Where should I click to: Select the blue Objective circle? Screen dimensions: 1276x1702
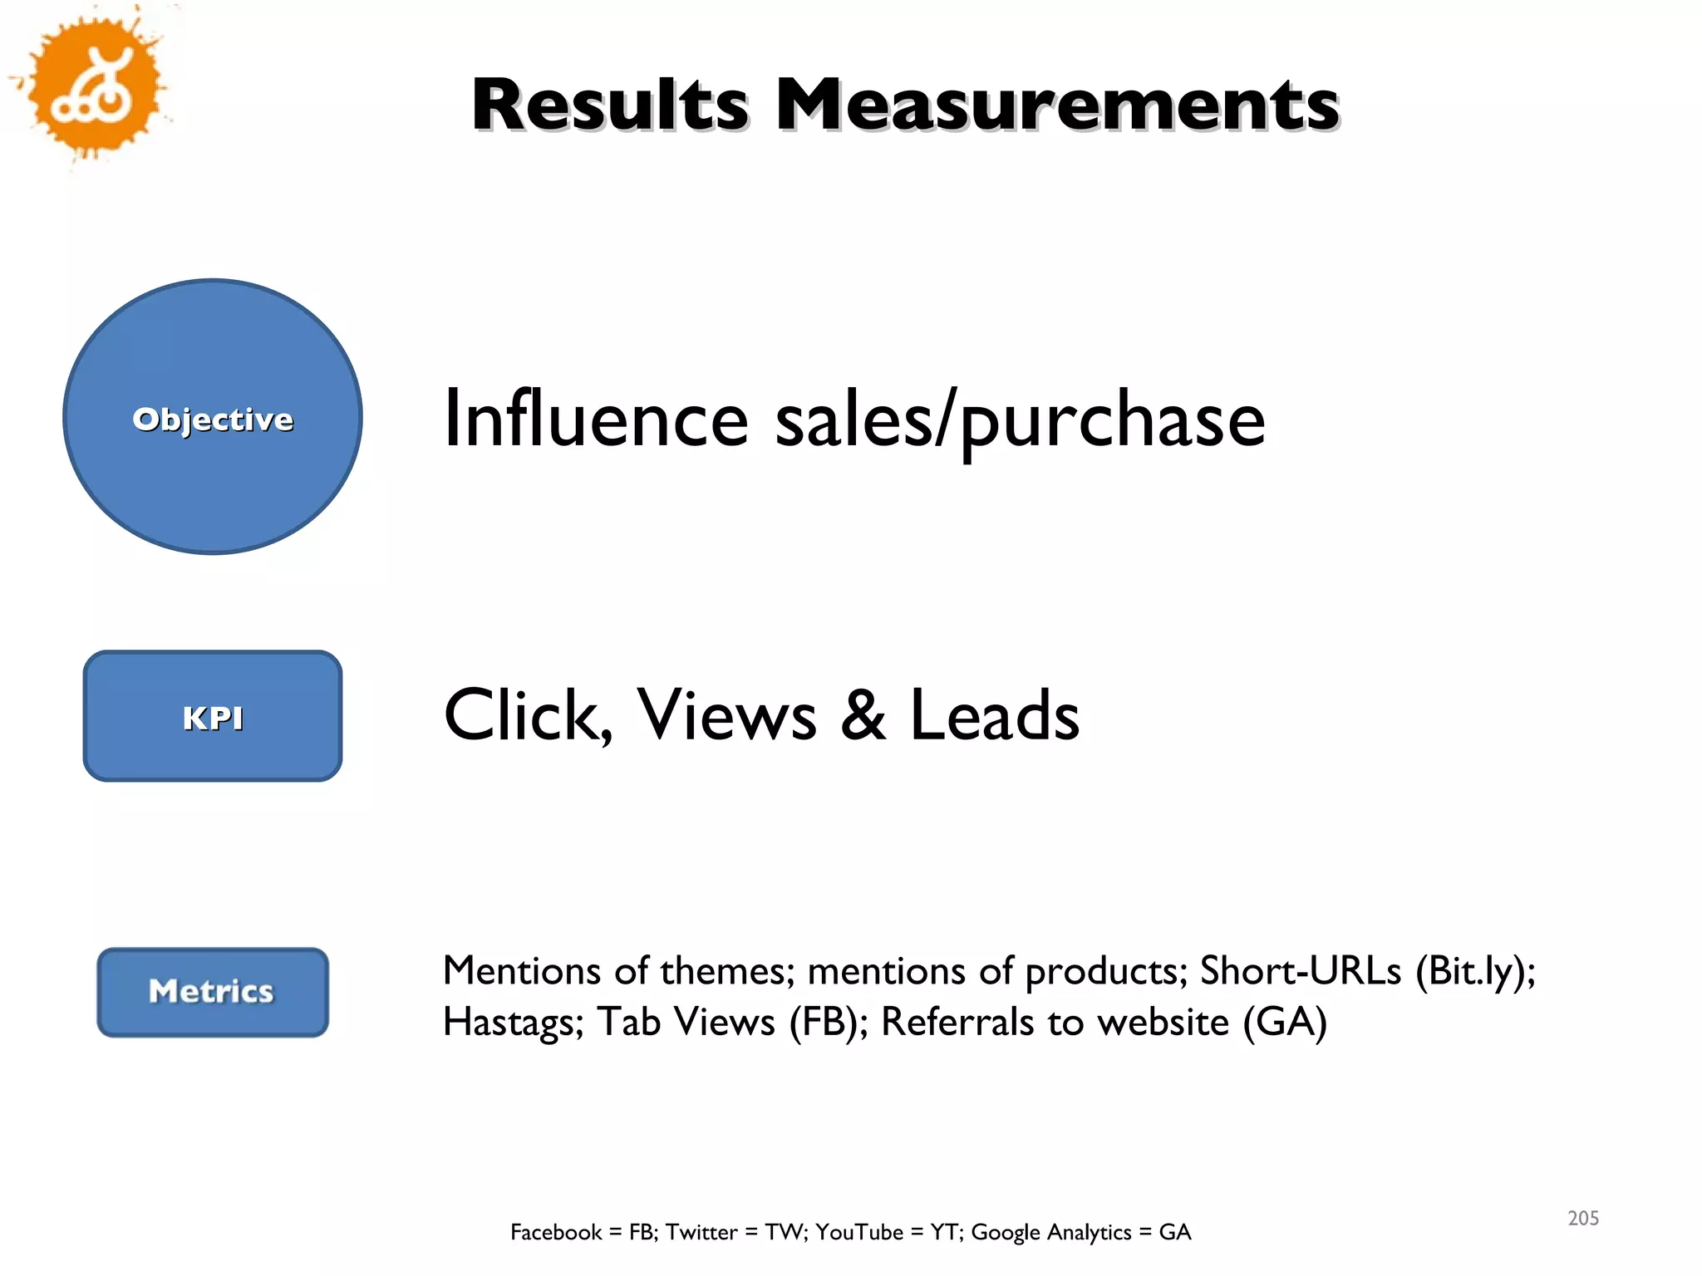[213, 417]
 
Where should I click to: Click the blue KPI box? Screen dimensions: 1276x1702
[213, 716]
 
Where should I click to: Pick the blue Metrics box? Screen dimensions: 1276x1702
[213, 992]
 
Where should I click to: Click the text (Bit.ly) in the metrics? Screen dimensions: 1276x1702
[1474, 972]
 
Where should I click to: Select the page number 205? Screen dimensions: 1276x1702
[1582, 1218]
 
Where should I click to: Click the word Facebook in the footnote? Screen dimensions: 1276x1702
[556, 1232]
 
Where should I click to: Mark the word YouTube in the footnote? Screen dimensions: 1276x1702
[858, 1232]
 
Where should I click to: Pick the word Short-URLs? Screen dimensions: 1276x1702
[1301, 970]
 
